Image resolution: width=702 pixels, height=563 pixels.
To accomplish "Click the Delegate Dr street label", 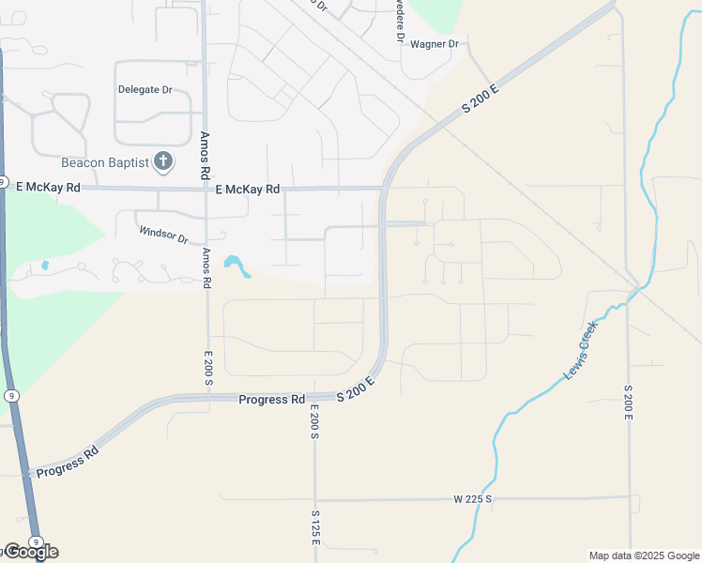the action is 145,90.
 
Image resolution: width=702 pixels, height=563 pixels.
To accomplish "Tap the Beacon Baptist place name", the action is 105,162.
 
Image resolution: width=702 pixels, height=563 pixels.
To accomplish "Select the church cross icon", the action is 163,161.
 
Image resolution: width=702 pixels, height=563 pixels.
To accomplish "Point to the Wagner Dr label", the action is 433,44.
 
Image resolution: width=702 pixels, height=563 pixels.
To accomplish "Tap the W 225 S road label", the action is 473,499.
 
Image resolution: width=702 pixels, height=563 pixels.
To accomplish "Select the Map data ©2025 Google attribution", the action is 643,555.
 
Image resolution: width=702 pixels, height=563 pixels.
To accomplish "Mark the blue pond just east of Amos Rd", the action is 237,266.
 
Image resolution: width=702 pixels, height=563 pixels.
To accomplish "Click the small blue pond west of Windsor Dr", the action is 45,266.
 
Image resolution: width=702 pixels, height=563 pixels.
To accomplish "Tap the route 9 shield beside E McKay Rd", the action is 4,182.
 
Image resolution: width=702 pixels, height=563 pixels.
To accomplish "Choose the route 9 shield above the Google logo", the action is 35,541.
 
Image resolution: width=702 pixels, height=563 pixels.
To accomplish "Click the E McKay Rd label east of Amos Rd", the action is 248,190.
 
